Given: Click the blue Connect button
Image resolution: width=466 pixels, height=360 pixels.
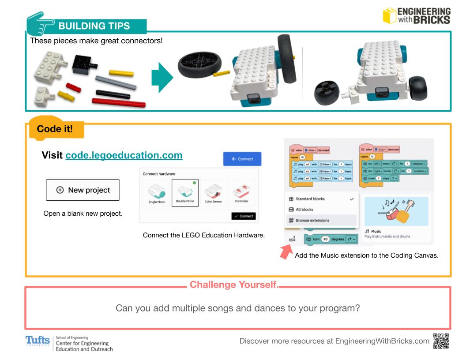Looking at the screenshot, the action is (x=242, y=159).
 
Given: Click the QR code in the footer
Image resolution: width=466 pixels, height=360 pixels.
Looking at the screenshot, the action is (x=442, y=341).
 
